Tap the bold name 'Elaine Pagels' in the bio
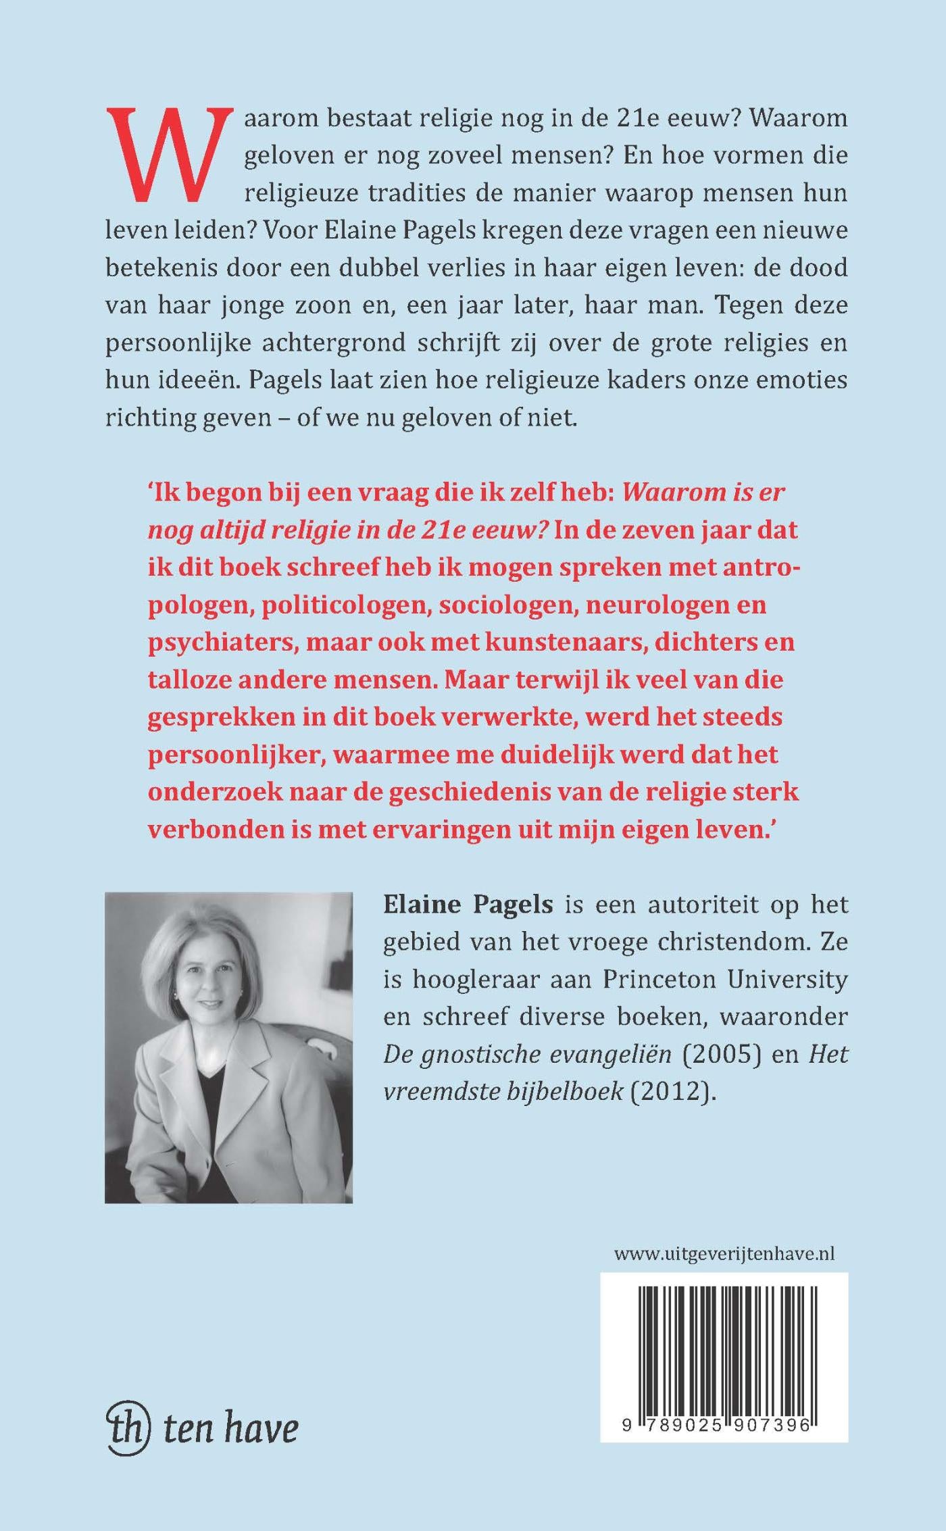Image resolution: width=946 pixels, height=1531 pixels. pos(468,905)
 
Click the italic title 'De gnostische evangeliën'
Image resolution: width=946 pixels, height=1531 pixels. pos(527,1054)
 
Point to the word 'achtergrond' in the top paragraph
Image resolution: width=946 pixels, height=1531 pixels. pos(320,343)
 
